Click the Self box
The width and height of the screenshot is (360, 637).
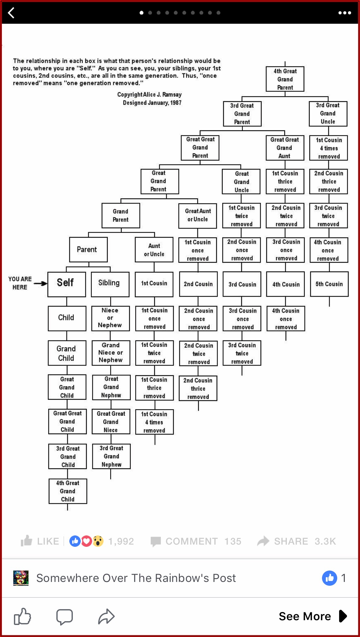[x=66, y=284]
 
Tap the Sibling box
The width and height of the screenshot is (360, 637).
[x=110, y=284]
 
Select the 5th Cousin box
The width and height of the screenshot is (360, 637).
[x=329, y=284]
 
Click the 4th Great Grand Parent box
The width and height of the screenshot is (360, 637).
[x=285, y=79]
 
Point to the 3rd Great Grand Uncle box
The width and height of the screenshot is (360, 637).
[x=328, y=114]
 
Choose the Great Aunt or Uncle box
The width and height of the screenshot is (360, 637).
[x=198, y=215]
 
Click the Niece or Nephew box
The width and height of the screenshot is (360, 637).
[x=110, y=318]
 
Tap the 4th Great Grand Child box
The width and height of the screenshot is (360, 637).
[x=68, y=491]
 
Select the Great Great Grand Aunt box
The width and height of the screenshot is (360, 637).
[x=285, y=148]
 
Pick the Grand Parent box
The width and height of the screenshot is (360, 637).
[x=121, y=215]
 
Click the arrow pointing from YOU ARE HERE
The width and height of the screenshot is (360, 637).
[x=40, y=284]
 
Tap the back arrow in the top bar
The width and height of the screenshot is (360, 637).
[x=11, y=13]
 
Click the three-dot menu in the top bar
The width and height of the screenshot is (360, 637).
[x=344, y=13]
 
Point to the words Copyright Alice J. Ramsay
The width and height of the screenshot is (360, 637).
[x=149, y=95]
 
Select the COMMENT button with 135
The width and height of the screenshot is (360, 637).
[x=196, y=541]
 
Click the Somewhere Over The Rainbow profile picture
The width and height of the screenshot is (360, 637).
[x=21, y=578]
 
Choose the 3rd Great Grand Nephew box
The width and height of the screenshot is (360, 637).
[x=111, y=456]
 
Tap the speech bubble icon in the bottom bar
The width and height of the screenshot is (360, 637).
[x=65, y=617]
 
